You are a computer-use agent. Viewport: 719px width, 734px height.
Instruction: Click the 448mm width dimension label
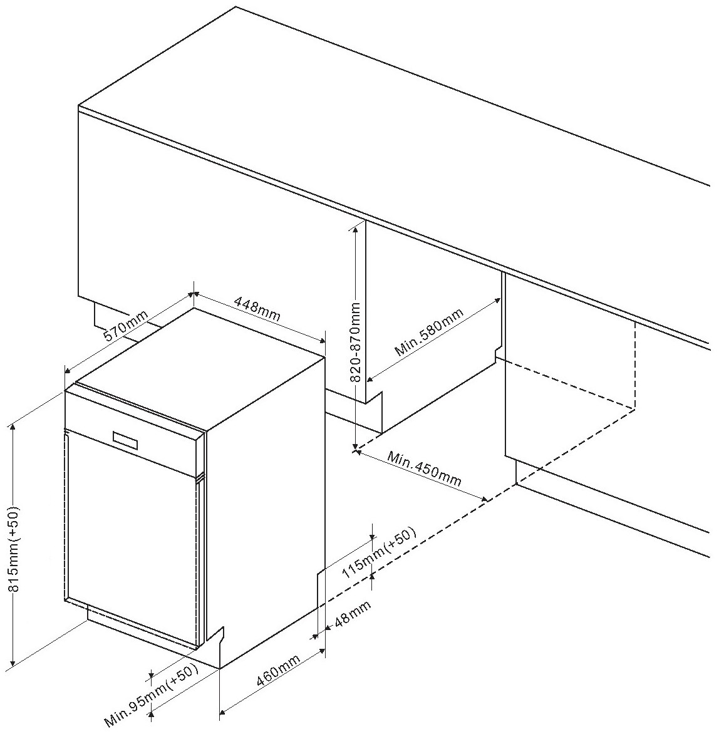point(257,309)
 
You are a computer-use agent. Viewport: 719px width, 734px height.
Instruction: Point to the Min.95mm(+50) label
point(152,697)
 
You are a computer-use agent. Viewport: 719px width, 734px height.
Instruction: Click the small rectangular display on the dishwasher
point(126,440)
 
